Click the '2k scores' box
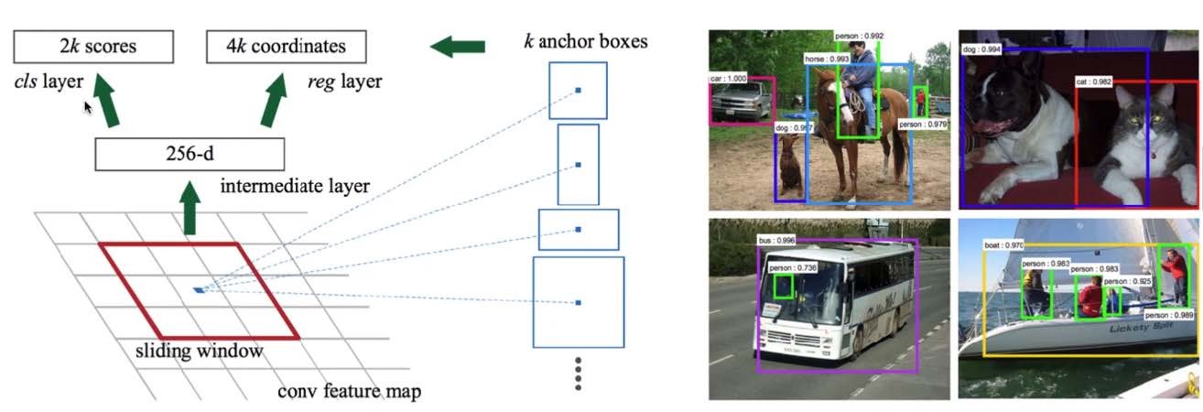[94, 45]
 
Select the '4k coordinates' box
[287, 45]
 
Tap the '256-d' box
[190, 153]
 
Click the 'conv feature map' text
[349, 392]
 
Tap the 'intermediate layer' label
[295, 187]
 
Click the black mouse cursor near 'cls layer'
[89, 108]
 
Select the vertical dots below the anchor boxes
[578, 374]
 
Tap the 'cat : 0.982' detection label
[1094, 81]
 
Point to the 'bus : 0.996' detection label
[776, 241]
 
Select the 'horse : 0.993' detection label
[826, 58]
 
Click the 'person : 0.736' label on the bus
[792, 267]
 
